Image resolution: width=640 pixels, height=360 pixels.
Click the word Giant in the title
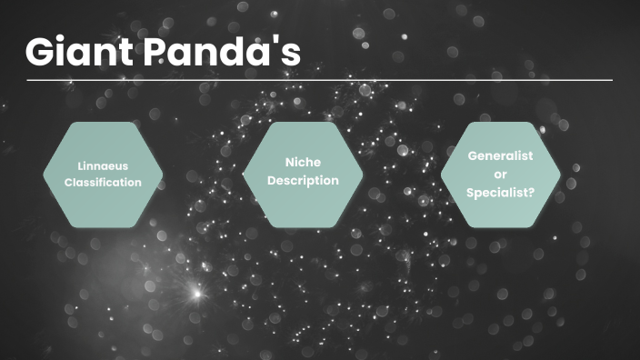pyautogui.click(x=76, y=52)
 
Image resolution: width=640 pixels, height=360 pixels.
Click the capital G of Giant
pyautogui.click(x=41, y=52)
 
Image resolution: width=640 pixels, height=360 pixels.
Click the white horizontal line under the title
pyautogui.click(x=319, y=80)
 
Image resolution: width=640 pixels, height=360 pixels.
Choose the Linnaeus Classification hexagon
pyautogui.click(x=104, y=174)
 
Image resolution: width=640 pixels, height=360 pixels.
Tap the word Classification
pyautogui.click(x=104, y=182)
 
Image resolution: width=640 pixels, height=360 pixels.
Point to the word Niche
pyautogui.click(x=304, y=163)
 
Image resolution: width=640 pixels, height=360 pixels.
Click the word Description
pyautogui.click(x=304, y=180)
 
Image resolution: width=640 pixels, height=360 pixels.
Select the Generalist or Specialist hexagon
pyautogui.click(x=499, y=174)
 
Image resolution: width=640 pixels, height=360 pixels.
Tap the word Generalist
pyautogui.click(x=499, y=156)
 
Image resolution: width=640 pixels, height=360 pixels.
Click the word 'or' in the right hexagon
pyautogui.click(x=499, y=174)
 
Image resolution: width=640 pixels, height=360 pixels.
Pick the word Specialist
pyautogui.click(x=495, y=192)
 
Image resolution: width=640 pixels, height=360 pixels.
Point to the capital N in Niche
pyautogui.click(x=288, y=163)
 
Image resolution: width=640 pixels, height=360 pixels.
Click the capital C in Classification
pyautogui.click(x=68, y=182)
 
